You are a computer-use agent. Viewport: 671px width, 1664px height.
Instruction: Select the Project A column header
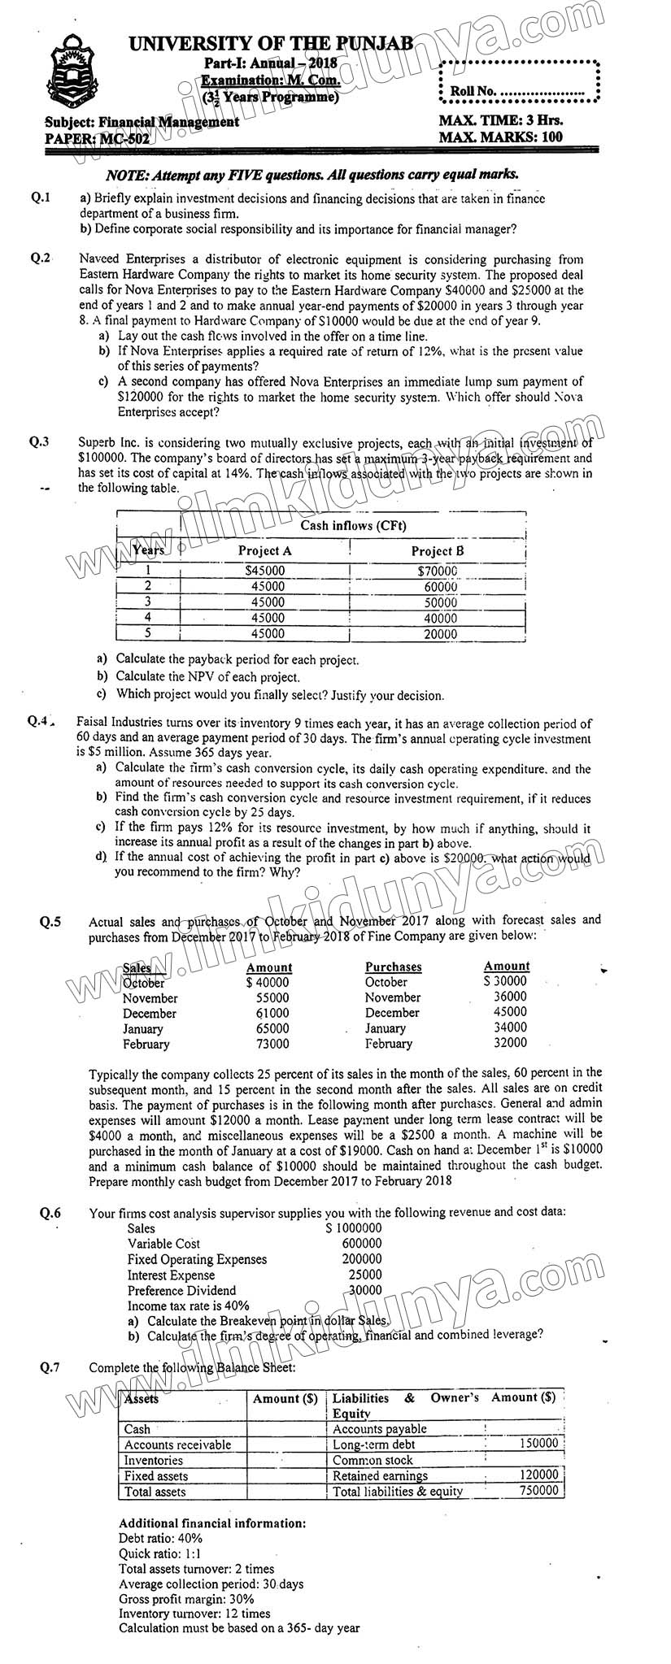pyautogui.click(x=264, y=550)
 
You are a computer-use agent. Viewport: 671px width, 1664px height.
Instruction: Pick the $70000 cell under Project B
pyautogui.click(x=437, y=571)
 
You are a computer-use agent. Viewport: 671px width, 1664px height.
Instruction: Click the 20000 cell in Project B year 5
pyautogui.click(x=440, y=634)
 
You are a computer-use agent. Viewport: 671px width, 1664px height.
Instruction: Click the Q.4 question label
pyautogui.click(x=40, y=721)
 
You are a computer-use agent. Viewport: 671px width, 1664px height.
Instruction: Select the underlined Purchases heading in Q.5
pyautogui.click(x=393, y=967)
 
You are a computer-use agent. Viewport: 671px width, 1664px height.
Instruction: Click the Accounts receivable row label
pyautogui.click(x=177, y=1445)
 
